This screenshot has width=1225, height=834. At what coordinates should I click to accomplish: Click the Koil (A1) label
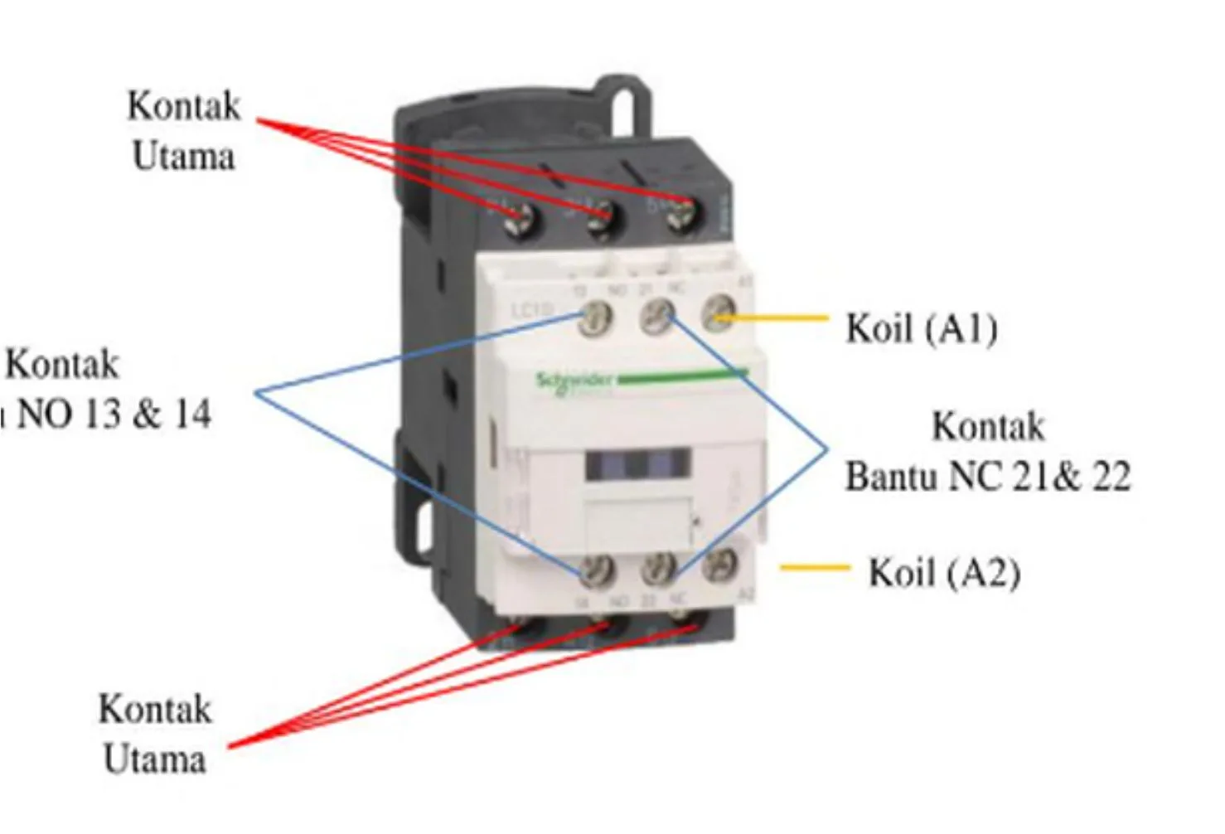pyautogui.click(x=921, y=328)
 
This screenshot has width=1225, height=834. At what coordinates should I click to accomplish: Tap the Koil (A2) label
pyautogui.click(x=944, y=573)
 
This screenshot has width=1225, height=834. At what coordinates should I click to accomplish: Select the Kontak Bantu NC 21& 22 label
pyautogui.click(x=987, y=452)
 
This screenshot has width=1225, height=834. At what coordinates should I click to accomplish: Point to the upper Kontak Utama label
pyautogui.click(x=183, y=131)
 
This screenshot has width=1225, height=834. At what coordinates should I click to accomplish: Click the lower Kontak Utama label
pyautogui.click(x=155, y=735)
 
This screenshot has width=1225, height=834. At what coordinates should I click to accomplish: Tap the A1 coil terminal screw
pyautogui.click(x=719, y=316)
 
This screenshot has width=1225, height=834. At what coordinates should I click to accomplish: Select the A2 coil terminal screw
pyautogui.click(x=719, y=565)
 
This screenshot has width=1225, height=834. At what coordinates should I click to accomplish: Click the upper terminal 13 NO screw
pyautogui.click(x=595, y=319)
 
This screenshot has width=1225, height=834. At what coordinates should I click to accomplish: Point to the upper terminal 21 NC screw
pyautogui.click(x=657, y=318)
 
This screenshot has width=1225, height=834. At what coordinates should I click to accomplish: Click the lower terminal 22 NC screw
pyautogui.click(x=660, y=568)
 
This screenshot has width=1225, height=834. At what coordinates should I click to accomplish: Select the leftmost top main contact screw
pyautogui.click(x=521, y=220)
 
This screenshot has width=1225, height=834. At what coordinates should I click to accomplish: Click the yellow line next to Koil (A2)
pyautogui.click(x=815, y=569)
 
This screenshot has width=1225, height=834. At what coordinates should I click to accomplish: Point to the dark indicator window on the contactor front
pyautogui.click(x=637, y=465)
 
